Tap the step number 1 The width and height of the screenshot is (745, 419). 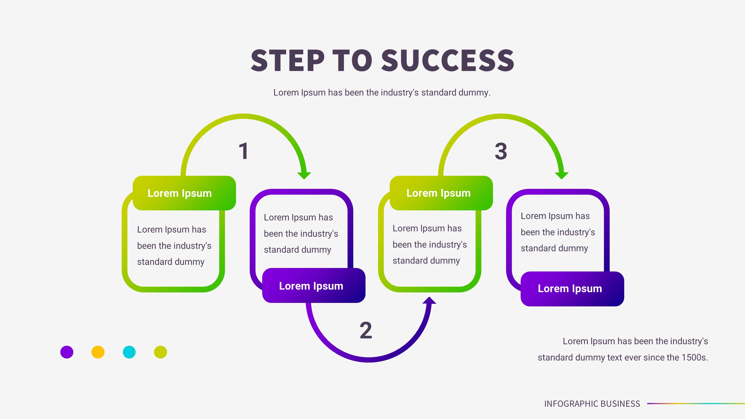[x=244, y=151]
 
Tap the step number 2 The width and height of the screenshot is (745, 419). [x=366, y=330]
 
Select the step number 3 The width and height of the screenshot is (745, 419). [x=501, y=151]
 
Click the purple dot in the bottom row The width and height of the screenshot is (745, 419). [x=67, y=352]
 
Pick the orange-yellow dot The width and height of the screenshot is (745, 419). [x=98, y=352]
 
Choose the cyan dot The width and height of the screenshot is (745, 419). [x=129, y=352]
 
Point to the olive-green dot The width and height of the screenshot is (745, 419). [x=160, y=352]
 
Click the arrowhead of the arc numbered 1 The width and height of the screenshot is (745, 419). [x=304, y=175]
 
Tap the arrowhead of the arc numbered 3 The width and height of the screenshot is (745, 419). [x=561, y=175]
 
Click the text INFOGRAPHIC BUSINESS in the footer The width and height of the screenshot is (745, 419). [x=592, y=404]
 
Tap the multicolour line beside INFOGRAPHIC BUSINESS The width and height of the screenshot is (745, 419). [x=696, y=404]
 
